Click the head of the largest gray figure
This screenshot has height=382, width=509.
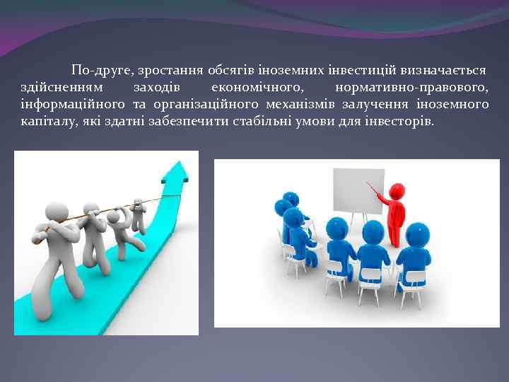pyautogui.click(x=56, y=212)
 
